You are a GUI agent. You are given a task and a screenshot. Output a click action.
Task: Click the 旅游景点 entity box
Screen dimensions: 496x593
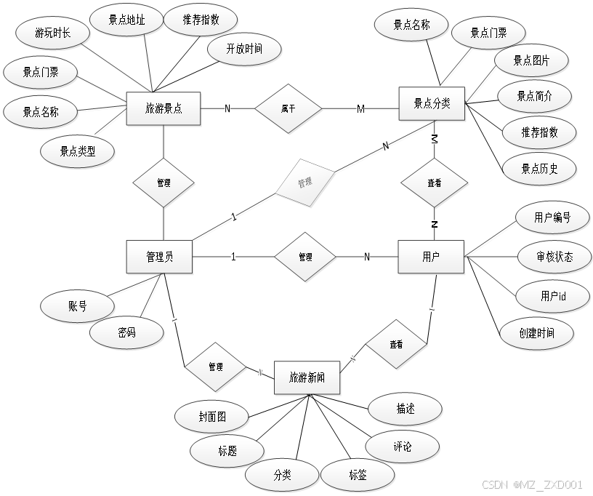pyautogui.click(x=163, y=108)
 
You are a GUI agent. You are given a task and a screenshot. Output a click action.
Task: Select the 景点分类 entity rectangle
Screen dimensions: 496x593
pyautogui.click(x=432, y=103)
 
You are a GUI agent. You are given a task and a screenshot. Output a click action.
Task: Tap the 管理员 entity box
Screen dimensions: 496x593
pyautogui.click(x=159, y=257)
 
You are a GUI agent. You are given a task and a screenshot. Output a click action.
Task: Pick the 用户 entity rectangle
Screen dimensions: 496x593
pyautogui.click(x=431, y=257)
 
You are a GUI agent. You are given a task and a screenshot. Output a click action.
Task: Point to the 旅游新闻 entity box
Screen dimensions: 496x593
pyautogui.click(x=307, y=378)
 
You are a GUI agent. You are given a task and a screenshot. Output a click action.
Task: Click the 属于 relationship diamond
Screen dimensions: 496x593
pyautogui.click(x=288, y=109)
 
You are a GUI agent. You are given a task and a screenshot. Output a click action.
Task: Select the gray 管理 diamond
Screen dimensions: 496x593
pyautogui.click(x=304, y=183)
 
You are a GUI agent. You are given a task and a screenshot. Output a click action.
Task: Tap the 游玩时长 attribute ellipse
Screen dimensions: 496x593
pyautogui.click(x=52, y=32)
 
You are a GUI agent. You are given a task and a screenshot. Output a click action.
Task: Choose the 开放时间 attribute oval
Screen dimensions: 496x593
pyautogui.click(x=244, y=49)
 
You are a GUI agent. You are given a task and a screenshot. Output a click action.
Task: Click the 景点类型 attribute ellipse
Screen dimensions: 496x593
pyautogui.click(x=77, y=151)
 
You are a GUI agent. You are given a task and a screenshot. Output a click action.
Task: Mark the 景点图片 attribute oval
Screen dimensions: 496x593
pyautogui.click(x=531, y=61)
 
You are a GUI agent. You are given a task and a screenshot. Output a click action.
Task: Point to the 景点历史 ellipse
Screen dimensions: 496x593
pyautogui.click(x=538, y=169)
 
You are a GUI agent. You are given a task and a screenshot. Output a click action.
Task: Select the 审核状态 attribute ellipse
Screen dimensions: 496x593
pyautogui.click(x=554, y=257)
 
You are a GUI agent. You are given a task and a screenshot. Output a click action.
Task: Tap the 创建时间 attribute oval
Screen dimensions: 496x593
pyautogui.click(x=537, y=332)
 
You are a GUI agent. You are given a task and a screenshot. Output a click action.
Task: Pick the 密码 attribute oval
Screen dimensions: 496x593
pyautogui.click(x=126, y=332)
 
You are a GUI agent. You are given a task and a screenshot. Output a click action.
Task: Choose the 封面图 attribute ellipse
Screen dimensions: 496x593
pyautogui.click(x=212, y=417)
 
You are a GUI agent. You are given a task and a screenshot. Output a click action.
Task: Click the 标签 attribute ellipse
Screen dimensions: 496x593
pyautogui.click(x=358, y=476)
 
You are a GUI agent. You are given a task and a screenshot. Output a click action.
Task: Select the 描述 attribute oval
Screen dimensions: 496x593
pyautogui.click(x=405, y=409)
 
